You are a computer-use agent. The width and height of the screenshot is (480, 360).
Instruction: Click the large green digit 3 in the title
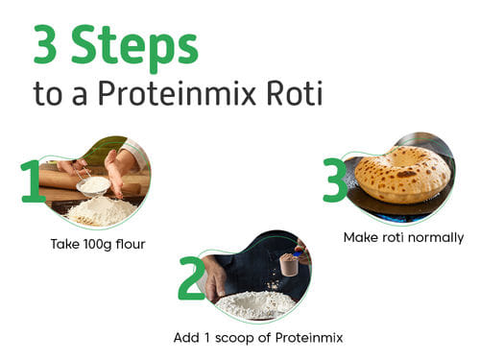pos(45,44)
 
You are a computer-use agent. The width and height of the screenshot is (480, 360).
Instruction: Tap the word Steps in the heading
pos(134,49)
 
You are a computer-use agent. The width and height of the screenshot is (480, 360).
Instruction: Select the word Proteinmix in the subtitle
pos(177,93)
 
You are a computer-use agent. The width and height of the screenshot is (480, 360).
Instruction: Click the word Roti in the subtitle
pos(295,93)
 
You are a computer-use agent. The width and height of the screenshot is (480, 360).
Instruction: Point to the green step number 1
pos(32,181)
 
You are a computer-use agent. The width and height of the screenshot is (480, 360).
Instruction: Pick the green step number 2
pos(192,277)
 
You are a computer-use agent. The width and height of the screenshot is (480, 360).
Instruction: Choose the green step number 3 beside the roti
pos(335,180)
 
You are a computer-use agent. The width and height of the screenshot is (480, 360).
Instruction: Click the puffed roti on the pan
pos(402,174)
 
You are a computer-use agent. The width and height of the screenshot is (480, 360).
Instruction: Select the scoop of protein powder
pos(290,264)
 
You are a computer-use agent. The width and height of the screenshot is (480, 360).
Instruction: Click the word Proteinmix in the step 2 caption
pos(309,338)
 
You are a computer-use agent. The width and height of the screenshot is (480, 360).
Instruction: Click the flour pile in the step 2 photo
pos(255,304)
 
